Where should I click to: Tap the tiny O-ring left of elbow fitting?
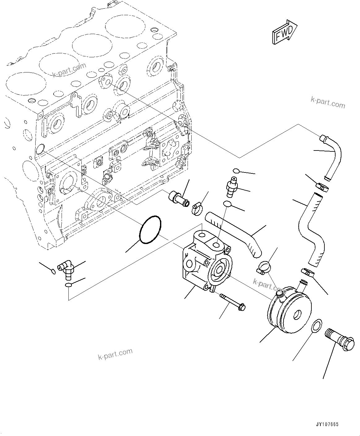pyautogui.click(x=53, y=272)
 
